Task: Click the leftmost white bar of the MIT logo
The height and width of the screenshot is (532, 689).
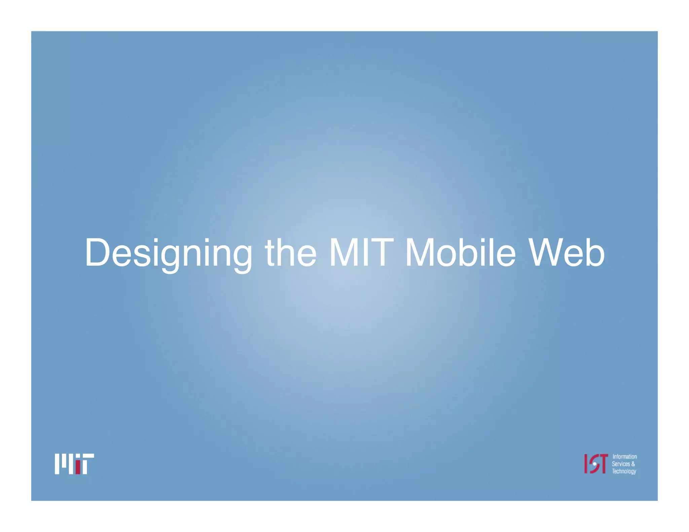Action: point(57,464)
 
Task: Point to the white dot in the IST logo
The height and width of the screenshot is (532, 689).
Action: point(594,464)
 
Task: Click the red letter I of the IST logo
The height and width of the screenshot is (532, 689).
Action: point(586,464)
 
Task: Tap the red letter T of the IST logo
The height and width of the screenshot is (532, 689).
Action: point(604,463)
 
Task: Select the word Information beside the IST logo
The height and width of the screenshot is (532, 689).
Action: point(624,457)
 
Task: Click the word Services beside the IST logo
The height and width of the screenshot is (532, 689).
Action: point(621,464)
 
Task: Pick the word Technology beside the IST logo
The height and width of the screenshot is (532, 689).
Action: point(624,471)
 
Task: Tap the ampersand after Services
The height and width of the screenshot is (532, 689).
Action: point(633,464)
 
